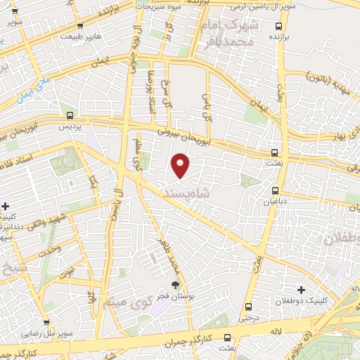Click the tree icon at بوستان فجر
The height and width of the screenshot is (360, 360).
174,285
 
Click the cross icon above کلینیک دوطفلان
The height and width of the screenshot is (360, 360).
301,290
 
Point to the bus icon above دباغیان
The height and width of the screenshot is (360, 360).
274,190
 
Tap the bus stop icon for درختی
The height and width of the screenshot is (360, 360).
249,307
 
